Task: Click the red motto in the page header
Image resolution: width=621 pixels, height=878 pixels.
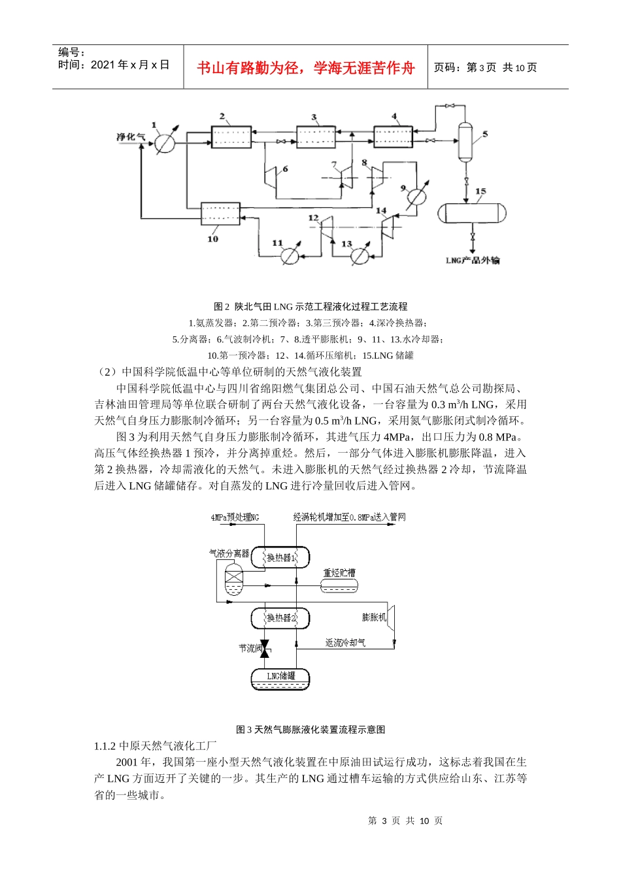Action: (x=306, y=68)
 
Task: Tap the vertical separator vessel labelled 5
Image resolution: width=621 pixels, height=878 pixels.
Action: (x=465, y=140)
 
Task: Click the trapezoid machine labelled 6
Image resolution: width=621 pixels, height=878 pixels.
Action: (x=271, y=178)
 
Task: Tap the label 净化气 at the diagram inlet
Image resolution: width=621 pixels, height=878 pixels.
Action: (x=131, y=137)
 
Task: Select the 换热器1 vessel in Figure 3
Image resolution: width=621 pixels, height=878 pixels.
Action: (x=280, y=557)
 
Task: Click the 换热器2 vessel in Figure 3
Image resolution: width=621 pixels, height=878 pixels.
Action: (x=280, y=617)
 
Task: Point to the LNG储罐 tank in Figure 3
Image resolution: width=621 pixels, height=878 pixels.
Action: (x=280, y=678)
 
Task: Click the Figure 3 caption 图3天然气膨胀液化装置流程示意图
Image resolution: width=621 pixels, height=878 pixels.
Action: (x=310, y=729)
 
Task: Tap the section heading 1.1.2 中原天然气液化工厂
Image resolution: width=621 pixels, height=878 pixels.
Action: (x=156, y=745)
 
